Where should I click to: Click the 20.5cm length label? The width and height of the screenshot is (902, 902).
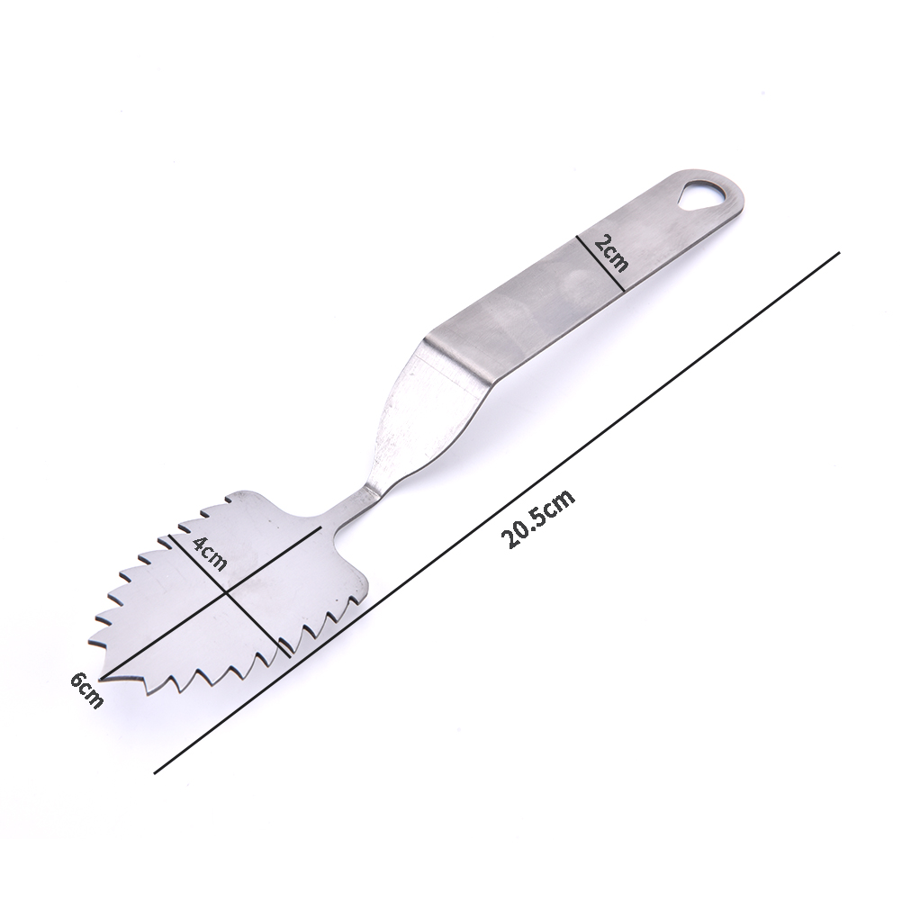click(537, 519)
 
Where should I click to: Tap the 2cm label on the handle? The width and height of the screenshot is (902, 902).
click(611, 253)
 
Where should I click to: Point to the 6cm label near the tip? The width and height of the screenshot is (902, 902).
click(87, 690)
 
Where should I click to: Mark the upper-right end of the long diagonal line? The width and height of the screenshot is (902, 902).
click(840, 252)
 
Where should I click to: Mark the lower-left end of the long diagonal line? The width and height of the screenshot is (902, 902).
click(156, 773)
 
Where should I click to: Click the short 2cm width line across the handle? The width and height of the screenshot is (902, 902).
click(600, 263)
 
